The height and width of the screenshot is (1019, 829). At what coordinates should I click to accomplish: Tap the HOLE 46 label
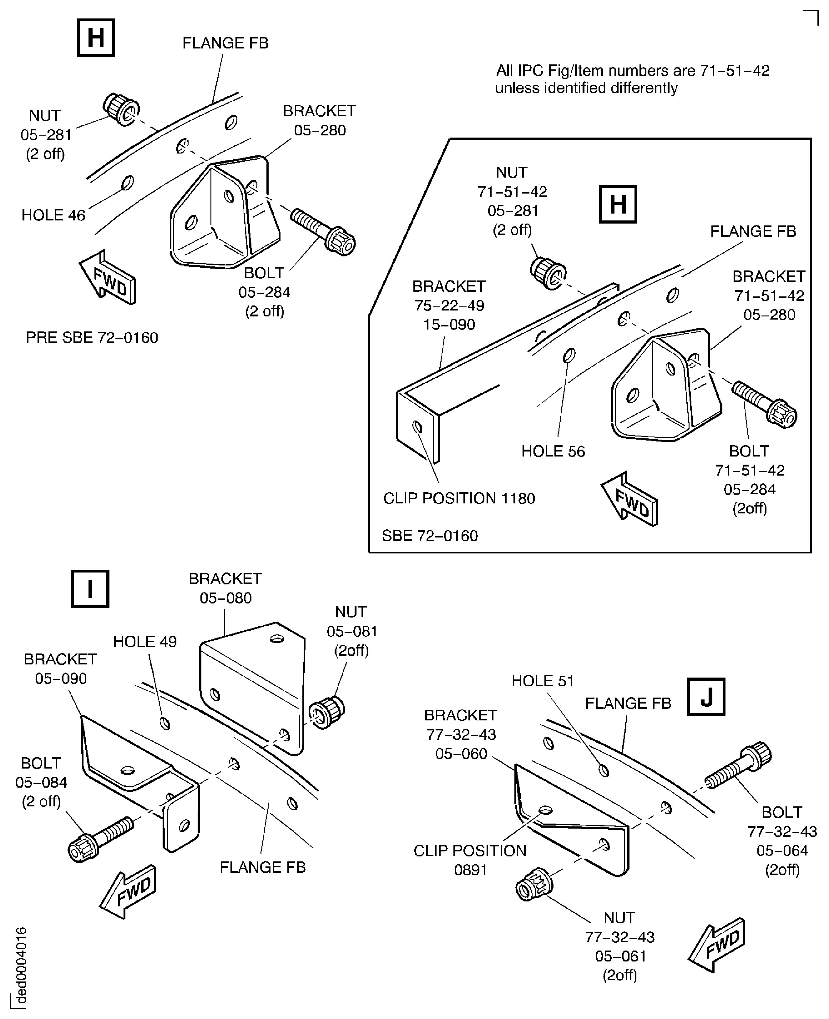(53, 215)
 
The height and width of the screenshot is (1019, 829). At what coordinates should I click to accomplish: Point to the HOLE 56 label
(553, 451)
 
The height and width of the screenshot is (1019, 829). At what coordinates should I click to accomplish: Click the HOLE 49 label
(145, 641)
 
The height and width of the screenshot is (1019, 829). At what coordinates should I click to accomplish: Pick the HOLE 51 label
(543, 680)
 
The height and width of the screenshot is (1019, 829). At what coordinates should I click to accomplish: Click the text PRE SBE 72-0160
(92, 338)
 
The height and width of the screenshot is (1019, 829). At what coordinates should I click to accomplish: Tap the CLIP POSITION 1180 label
(459, 498)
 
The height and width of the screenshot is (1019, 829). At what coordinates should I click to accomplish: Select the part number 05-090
(61, 678)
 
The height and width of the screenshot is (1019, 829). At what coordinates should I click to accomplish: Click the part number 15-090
(449, 325)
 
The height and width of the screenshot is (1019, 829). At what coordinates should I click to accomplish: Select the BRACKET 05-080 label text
(225, 588)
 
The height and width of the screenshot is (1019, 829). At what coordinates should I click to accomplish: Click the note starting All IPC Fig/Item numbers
(633, 79)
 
